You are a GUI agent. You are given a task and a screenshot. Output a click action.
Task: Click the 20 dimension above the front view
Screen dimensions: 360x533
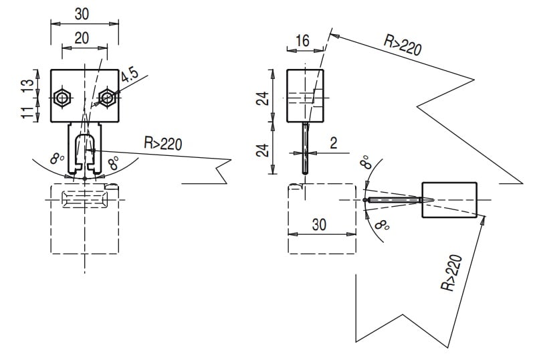point(82,38)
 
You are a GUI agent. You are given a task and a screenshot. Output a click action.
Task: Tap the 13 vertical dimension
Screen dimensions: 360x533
point(27,84)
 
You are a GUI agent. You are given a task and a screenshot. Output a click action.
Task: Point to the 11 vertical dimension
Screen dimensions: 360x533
point(27,111)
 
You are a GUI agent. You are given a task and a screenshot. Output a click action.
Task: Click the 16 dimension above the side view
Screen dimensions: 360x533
point(302,41)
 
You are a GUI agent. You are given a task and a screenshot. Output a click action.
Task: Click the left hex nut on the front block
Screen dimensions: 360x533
point(62,98)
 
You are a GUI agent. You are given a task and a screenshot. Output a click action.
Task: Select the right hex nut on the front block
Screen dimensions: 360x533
point(107,98)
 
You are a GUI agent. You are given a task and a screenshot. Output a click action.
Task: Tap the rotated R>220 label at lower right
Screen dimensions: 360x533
point(452,273)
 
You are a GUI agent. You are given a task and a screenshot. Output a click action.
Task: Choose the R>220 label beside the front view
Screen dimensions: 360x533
point(163,143)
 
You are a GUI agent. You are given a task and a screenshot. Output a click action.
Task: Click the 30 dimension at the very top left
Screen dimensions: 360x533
point(82,13)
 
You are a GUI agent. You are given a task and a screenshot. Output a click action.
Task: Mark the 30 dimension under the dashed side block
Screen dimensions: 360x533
point(320,225)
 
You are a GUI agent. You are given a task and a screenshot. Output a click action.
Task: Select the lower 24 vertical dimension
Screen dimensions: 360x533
point(265,149)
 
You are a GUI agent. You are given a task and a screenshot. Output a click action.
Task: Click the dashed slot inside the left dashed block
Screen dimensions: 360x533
point(84,199)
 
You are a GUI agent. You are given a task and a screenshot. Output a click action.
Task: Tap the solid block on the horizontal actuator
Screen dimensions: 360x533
point(449,200)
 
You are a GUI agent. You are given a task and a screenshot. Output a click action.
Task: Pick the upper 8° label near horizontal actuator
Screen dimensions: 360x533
point(365,163)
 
